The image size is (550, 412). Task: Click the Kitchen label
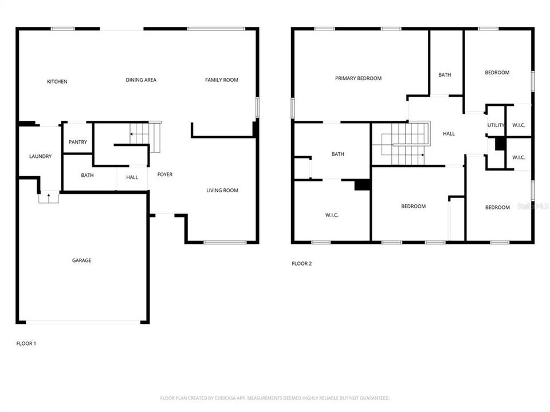(x=57, y=82)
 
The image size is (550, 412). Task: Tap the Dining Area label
(x=141, y=80)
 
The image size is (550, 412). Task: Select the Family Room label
(x=222, y=80)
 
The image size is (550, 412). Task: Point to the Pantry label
(x=78, y=142)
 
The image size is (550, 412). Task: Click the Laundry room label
(x=41, y=156)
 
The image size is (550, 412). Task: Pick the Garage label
(x=81, y=260)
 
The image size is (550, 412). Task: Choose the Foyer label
(x=164, y=175)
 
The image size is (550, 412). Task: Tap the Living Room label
(x=222, y=191)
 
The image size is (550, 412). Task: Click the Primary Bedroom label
(x=358, y=78)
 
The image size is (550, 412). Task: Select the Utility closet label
(x=496, y=125)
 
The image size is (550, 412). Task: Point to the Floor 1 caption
(x=26, y=343)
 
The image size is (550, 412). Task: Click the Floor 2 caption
(x=302, y=264)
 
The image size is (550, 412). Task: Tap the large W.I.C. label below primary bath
(x=332, y=215)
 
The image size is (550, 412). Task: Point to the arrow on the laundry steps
(x=49, y=196)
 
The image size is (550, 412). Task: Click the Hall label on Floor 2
(x=449, y=134)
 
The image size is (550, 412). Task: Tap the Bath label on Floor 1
(x=87, y=176)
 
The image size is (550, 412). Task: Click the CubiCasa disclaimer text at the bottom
(x=275, y=398)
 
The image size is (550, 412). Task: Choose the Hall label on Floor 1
(x=132, y=177)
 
